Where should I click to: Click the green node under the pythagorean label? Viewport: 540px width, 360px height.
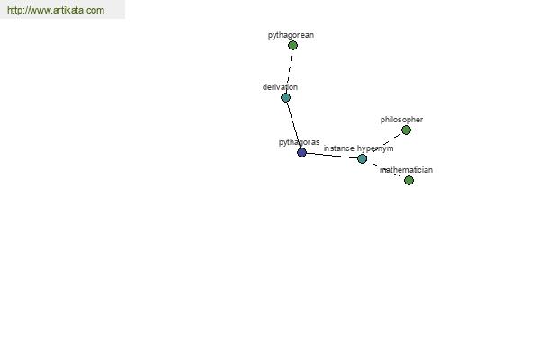pyautogui.click(x=292, y=46)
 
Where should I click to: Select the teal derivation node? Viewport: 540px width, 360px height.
pyautogui.click(x=285, y=98)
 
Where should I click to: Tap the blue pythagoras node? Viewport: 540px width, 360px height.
pyautogui.click(x=301, y=153)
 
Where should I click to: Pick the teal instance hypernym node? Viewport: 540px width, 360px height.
pyautogui.click(x=362, y=158)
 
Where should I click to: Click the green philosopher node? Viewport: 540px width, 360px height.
pyautogui.click(x=407, y=130)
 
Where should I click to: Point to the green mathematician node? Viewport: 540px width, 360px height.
pyautogui.click(x=409, y=181)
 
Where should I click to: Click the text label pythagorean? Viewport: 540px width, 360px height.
pyautogui.click(x=291, y=35)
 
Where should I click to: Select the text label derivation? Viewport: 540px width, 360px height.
pyautogui.click(x=280, y=87)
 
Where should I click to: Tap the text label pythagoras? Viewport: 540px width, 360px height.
pyautogui.click(x=300, y=142)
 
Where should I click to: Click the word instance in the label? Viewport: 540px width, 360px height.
pyautogui.click(x=339, y=148)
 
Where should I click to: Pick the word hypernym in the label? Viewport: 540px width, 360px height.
pyautogui.click(x=375, y=148)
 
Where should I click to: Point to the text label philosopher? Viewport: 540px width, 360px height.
pyautogui.click(x=401, y=120)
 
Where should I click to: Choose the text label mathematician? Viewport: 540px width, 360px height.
pyautogui.click(x=406, y=170)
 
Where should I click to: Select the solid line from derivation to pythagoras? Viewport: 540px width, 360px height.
pyautogui.click(x=293, y=125)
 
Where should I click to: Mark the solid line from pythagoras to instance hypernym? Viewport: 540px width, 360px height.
pyautogui.click(x=331, y=156)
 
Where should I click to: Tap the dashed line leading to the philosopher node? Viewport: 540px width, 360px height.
pyautogui.click(x=385, y=143)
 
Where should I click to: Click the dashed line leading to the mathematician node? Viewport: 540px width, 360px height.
pyautogui.click(x=385, y=170)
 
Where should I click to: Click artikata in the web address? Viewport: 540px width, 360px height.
pyautogui.click(x=68, y=10)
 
